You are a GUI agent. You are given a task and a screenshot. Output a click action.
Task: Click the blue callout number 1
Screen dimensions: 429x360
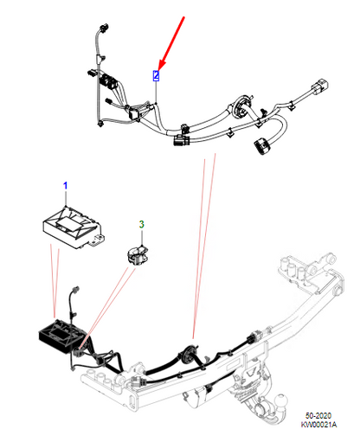[63, 186]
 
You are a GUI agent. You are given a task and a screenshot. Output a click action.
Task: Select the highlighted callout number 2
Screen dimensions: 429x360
[156, 75]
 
